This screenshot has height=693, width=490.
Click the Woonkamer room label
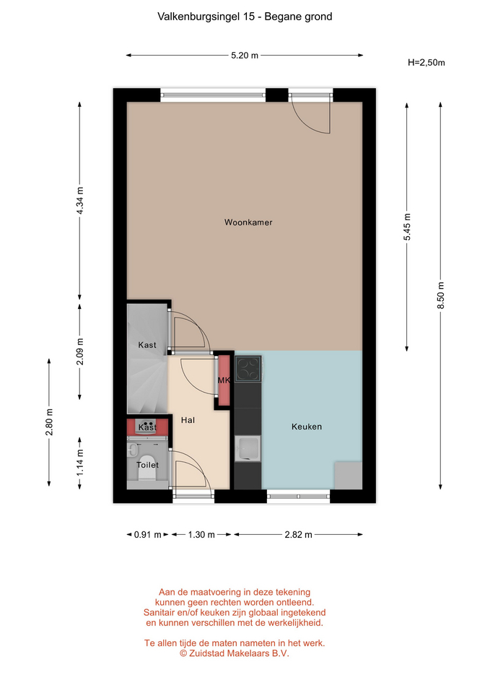click(248, 222)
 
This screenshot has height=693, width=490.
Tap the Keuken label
click(307, 427)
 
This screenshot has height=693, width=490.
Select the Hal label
click(188, 420)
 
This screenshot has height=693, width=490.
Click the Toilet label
click(147, 464)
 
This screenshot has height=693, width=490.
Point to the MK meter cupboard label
click(224, 380)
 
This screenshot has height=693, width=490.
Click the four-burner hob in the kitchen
click(248, 369)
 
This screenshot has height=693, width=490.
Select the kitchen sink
click(248, 448)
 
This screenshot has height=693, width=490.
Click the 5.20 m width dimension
click(245, 56)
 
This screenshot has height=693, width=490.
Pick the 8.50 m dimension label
click(440, 296)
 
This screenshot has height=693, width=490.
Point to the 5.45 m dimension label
click(407, 227)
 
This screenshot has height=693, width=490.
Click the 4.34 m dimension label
click(80, 201)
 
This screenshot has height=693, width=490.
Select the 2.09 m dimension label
click(80, 352)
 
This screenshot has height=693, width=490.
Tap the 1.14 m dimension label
click(80, 463)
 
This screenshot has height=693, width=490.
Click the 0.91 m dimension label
click(147, 535)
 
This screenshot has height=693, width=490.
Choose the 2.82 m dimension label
click(298, 535)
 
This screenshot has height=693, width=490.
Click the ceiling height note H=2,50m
click(426, 62)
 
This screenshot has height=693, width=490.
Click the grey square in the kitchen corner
click(348, 476)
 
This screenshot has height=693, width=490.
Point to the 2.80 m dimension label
click(49, 422)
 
